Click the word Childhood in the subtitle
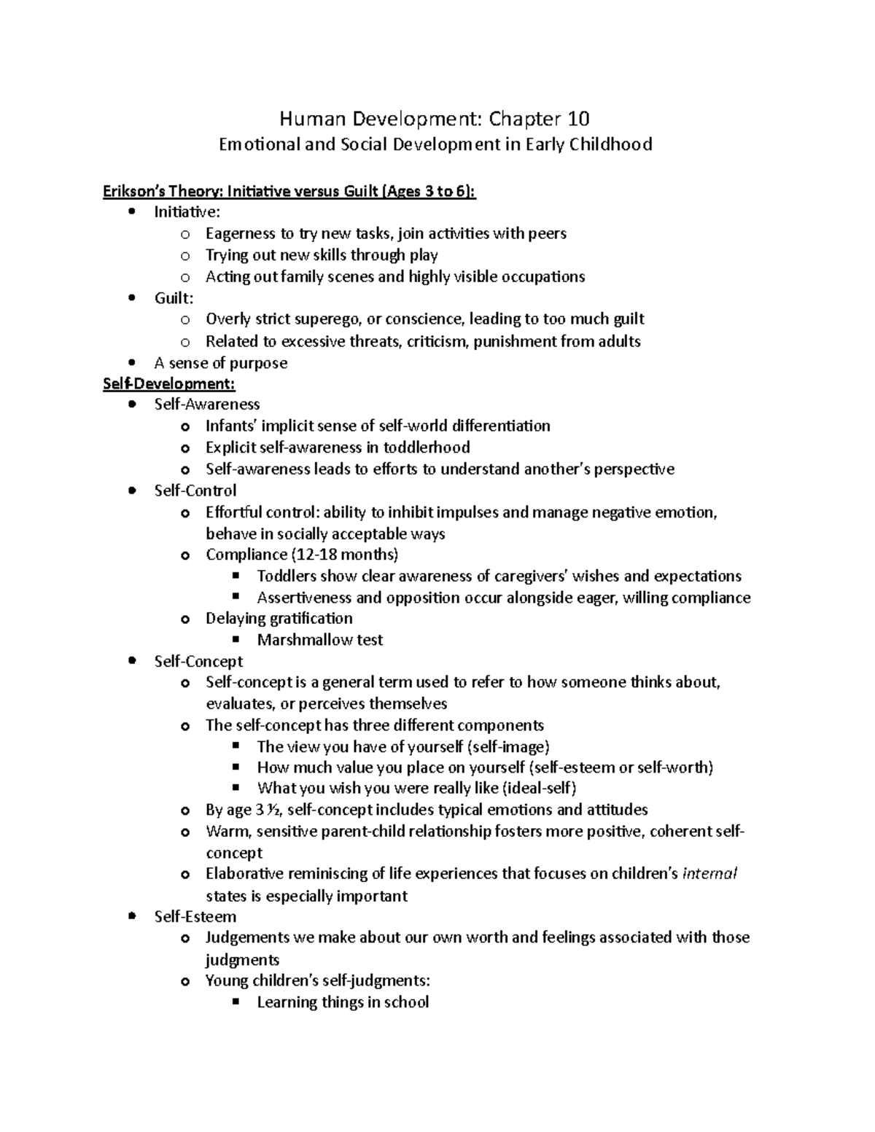click(x=612, y=144)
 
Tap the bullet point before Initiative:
click(x=131, y=212)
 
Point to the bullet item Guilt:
click(x=174, y=298)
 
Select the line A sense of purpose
click(x=220, y=363)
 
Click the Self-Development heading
click(x=169, y=383)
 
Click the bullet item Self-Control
click(x=195, y=491)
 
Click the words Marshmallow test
click(x=319, y=640)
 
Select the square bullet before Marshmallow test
click(x=235, y=640)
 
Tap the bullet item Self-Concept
click(x=198, y=661)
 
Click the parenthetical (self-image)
click(x=508, y=746)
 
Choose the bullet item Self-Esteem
click(x=195, y=916)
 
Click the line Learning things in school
click(x=343, y=1002)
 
